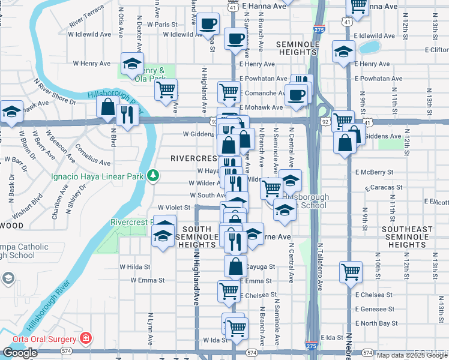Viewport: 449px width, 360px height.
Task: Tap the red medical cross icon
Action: point(86,338)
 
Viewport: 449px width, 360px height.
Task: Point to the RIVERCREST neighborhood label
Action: point(193,158)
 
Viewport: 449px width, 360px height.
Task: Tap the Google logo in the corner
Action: point(20,353)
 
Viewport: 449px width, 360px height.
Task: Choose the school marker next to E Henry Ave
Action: point(343,52)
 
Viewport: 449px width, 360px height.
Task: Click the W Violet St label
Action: point(174,208)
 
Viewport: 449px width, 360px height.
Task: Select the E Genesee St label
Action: point(373,309)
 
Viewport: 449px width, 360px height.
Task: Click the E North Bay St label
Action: point(376,323)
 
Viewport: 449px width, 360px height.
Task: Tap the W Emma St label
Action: point(147,280)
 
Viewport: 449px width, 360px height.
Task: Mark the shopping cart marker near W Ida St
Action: point(238,328)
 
